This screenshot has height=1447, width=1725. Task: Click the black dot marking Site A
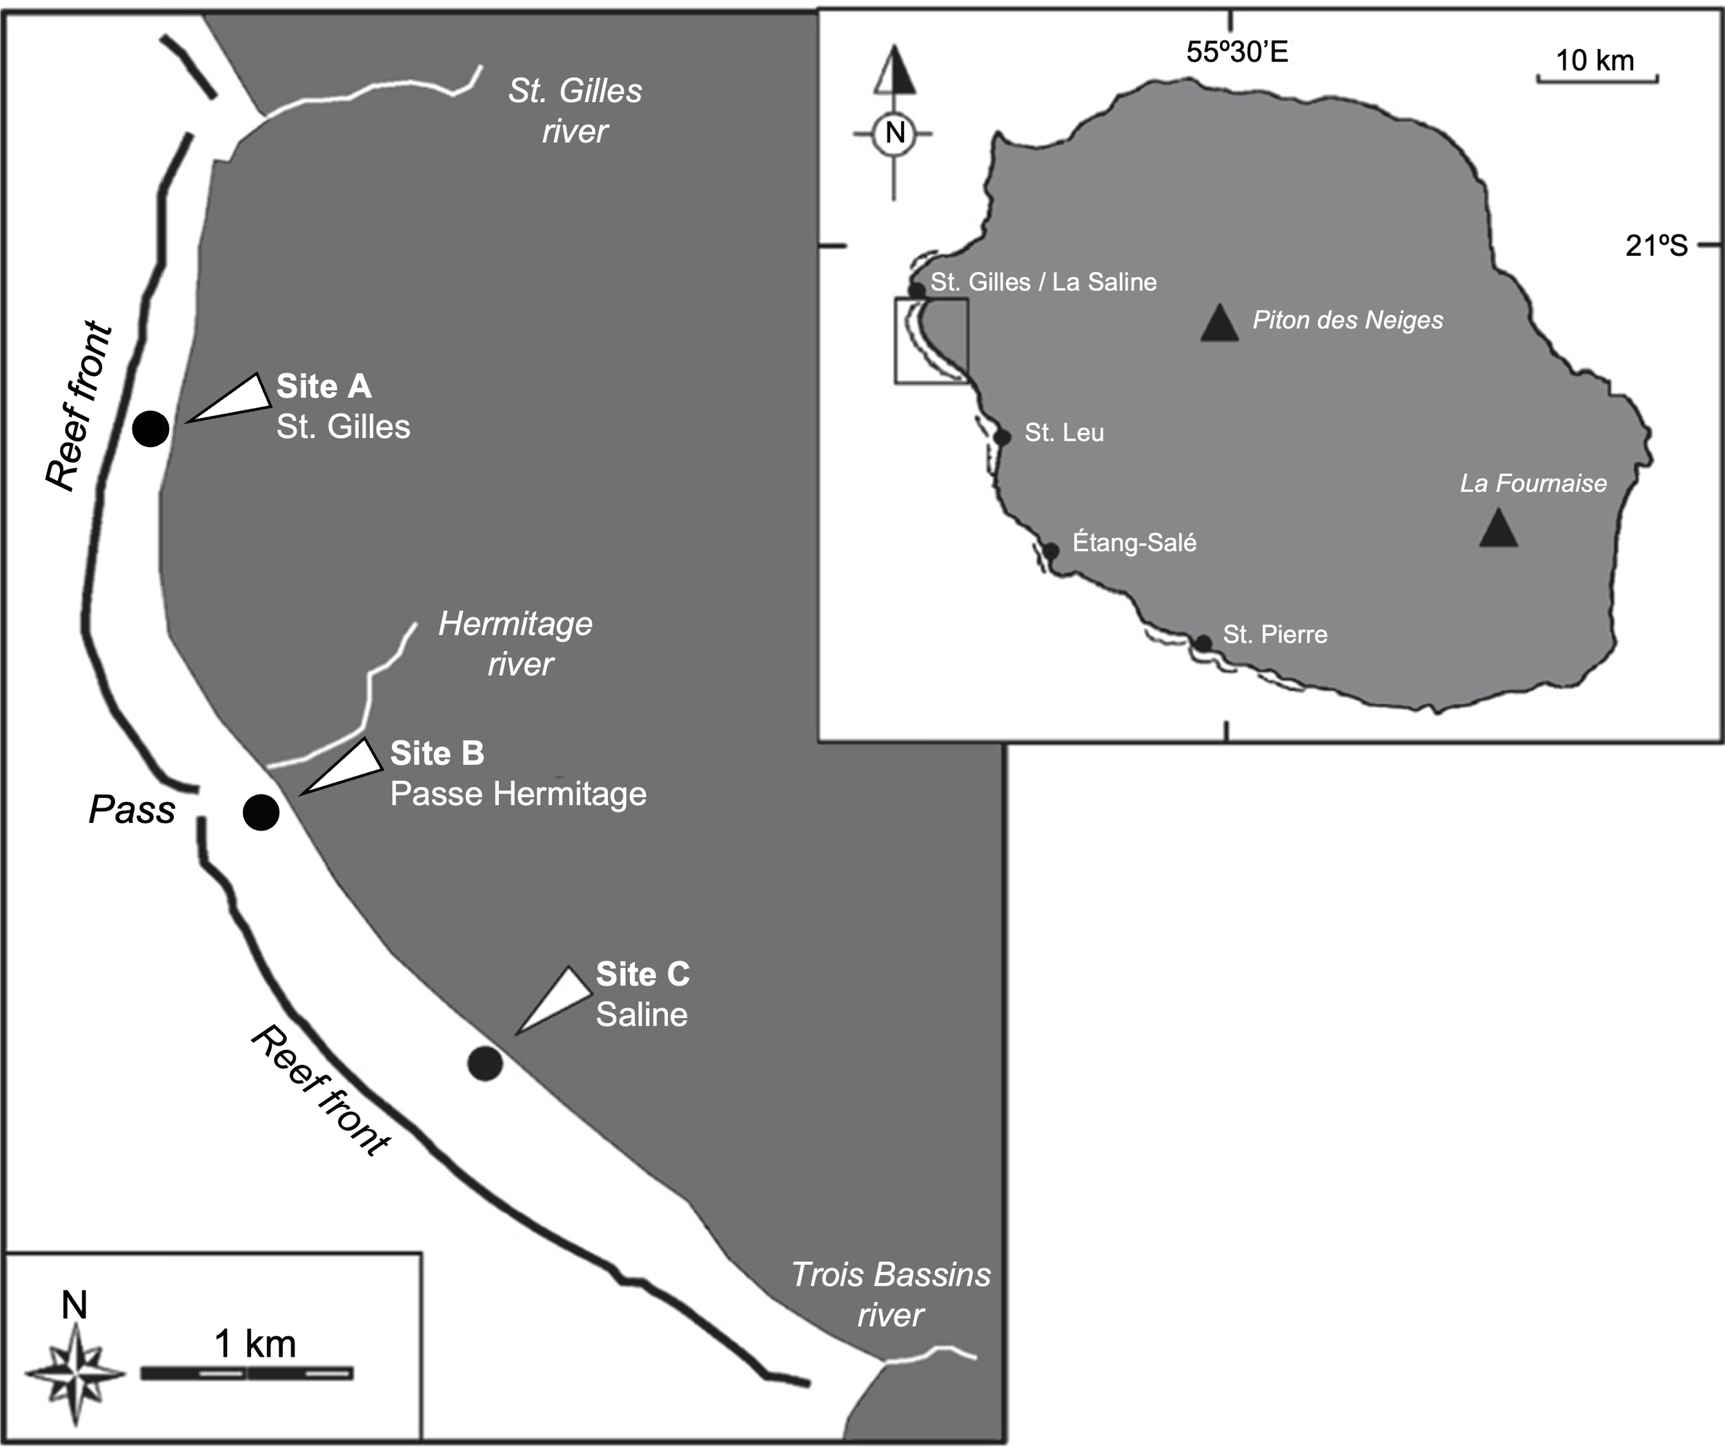(151, 428)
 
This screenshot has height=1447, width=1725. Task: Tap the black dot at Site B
(262, 812)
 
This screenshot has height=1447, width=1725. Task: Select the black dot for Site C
(484, 1064)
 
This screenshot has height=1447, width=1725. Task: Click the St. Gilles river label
(575, 111)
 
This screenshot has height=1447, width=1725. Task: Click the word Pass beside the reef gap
(131, 810)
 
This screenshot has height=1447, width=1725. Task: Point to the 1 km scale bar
(246, 1373)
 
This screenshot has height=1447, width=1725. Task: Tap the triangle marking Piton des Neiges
(1219, 323)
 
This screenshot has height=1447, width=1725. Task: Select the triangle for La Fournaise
(1498, 528)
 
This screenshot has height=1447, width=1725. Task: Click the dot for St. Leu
(1002, 437)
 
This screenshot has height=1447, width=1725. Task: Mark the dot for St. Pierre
(1203, 643)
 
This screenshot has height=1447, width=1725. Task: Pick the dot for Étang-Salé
(1049, 550)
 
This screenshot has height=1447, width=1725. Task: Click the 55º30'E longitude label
(1237, 52)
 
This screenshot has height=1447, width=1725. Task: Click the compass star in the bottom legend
(76, 1374)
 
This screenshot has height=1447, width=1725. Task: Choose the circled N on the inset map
(894, 132)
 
